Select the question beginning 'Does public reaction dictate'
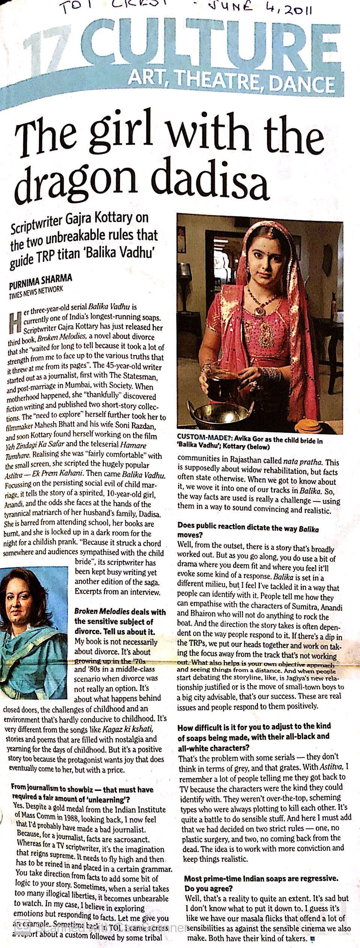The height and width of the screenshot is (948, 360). [248, 530]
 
